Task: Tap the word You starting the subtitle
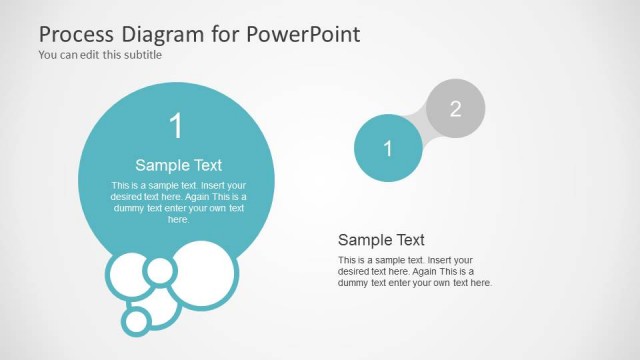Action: point(48,55)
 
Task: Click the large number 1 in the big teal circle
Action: point(176,127)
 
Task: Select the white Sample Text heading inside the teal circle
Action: point(178,165)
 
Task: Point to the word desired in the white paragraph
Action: point(128,197)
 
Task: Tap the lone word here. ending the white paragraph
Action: point(178,219)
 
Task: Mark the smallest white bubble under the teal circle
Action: point(135,321)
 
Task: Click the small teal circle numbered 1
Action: point(387,149)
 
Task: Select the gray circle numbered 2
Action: point(455,109)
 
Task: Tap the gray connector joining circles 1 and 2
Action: point(421,129)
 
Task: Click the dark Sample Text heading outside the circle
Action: point(381,240)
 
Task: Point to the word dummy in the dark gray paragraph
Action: point(356,283)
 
